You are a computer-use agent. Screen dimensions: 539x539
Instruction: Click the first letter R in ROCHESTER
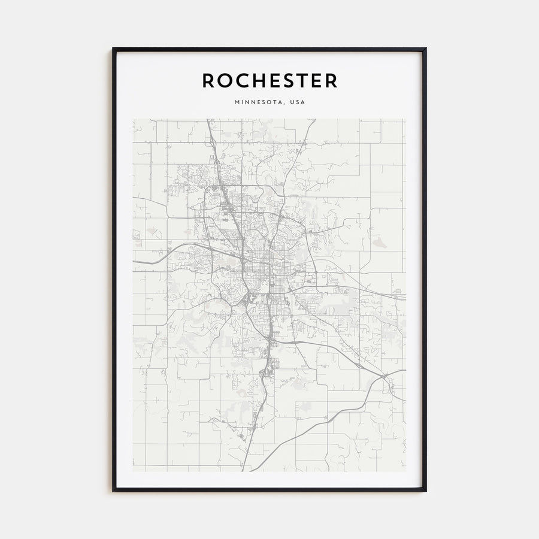tap(209, 81)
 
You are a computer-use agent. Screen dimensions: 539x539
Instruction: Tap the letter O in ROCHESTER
tap(225, 81)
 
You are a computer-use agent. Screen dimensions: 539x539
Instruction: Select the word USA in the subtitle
tap(297, 102)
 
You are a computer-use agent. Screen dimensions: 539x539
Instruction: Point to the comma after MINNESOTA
tap(285, 104)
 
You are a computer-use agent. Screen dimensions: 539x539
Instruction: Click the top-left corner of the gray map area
tap(134, 119)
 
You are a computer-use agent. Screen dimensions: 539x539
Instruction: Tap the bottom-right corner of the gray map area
tap(405, 471)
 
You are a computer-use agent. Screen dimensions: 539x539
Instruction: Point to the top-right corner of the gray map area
tap(405, 119)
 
